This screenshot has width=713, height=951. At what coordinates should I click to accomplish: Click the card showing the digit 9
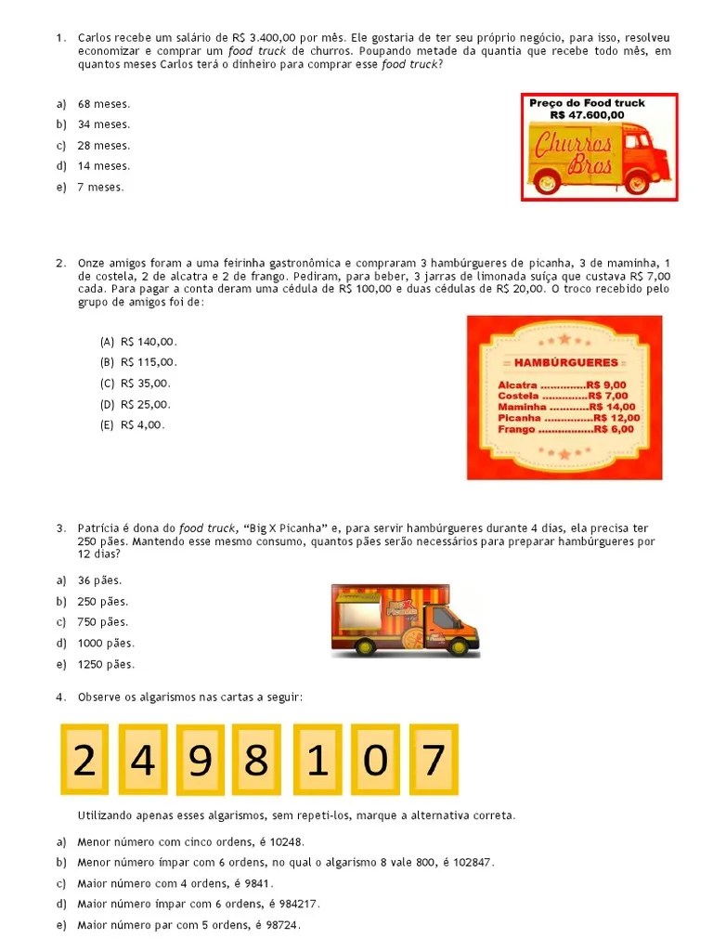pos(201,761)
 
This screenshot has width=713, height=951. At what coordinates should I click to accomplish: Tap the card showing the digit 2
pos(84,761)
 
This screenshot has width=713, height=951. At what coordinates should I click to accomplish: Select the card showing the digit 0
pos(375,761)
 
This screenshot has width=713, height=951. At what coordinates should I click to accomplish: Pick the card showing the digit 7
pos(434,761)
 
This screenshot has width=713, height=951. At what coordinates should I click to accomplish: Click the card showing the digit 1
pos(317,761)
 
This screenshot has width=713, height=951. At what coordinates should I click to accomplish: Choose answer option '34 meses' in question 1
pos(103,124)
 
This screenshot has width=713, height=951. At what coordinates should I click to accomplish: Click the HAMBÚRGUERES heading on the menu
pos(565,362)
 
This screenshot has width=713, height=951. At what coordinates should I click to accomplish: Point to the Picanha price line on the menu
pos(568,418)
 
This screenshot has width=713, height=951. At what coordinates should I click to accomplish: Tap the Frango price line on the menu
pos(565,429)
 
